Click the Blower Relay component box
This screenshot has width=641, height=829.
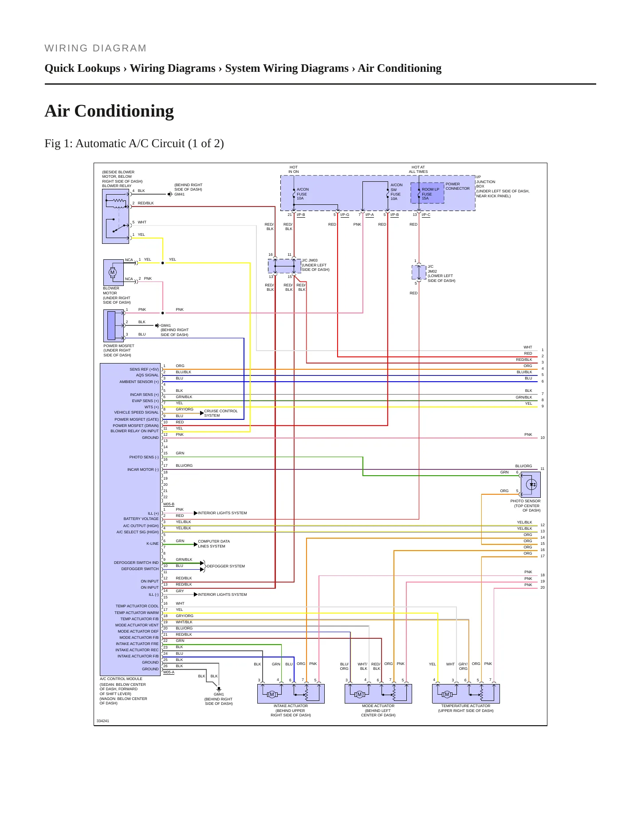click(115, 216)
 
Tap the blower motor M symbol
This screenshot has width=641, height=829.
click(112, 272)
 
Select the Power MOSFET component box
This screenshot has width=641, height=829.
click(114, 326)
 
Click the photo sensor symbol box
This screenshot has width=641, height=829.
click(531, 485)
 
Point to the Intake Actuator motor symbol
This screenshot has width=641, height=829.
click(272, 694)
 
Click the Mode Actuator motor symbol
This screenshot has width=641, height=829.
click(359, 694)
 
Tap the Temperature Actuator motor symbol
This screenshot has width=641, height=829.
click(447, 694)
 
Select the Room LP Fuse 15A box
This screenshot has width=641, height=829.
click(427, 193)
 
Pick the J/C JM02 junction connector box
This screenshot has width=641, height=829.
click(419, 272)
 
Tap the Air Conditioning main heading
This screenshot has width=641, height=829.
click(109, 111)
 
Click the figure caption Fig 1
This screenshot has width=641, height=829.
click(134, 144)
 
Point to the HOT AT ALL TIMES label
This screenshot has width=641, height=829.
click(418, 169)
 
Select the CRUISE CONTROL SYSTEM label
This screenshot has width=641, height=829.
click(221, 413)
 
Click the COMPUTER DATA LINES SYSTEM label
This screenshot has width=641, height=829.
click(214, 544)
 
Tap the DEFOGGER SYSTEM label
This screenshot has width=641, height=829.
click(226, 566)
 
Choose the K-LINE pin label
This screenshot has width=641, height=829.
click(152, 544)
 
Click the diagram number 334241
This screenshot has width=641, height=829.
click(103, 721)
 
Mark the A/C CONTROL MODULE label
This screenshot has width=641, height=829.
click(121, 679)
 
